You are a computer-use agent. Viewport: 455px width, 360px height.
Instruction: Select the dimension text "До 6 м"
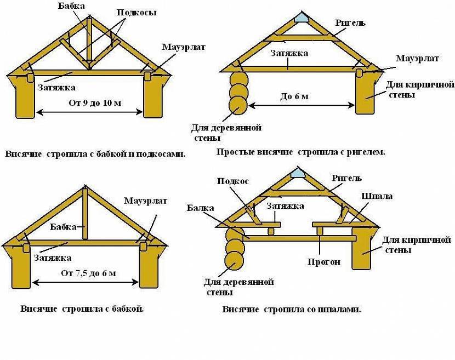click(x=294, y=97)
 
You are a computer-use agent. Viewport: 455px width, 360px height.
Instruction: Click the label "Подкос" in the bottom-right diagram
click(x=233, y=181)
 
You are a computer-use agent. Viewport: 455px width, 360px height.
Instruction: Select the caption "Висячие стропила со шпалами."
click(x=291, y=309)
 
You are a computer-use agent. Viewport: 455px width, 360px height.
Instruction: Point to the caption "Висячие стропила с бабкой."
click(x=82, y=308)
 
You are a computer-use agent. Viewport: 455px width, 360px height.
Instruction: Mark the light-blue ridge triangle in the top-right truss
click(x=300, y=18)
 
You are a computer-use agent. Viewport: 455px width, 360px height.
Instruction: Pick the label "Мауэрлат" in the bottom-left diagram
click(x=145, y=201)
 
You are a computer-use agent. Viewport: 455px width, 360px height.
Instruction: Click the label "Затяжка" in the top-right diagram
click(x=289, y=53)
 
